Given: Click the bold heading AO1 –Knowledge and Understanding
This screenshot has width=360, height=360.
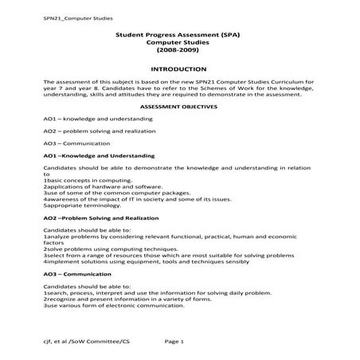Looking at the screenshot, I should pos(99,156).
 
